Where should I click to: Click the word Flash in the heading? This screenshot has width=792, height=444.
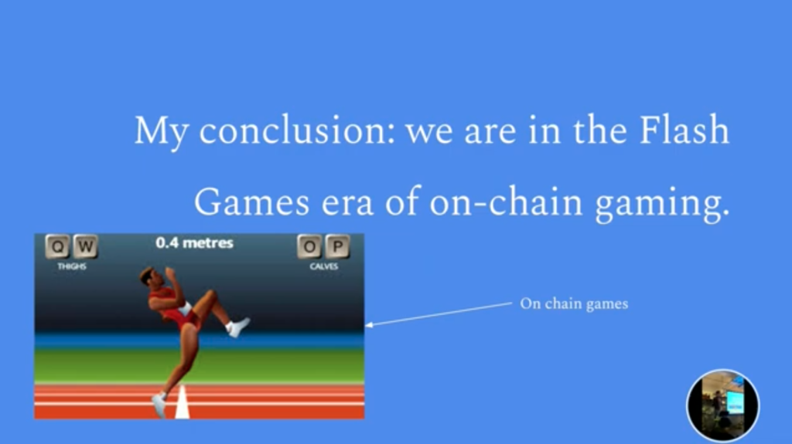tap(684, 130)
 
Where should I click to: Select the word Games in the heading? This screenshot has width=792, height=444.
tap(251, 202)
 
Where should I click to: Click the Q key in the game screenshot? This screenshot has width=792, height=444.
tap(57, 246)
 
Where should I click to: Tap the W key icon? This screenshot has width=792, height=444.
tap(85, 246)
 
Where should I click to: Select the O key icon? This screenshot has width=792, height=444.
tap(309, 246)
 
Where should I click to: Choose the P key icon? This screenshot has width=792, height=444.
tap(337, 246)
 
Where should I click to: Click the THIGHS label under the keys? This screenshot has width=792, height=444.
tap(72, 266)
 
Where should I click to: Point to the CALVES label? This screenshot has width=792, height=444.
tap(324, 266)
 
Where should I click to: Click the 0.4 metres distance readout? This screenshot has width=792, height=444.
tap(194, 243)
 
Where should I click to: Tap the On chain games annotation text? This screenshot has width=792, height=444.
tap(575, 303)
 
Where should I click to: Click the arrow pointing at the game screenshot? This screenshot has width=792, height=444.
tap(439, 314)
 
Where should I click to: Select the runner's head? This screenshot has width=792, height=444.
tap(148, 276)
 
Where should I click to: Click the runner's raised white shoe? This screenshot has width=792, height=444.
tap(238, 327)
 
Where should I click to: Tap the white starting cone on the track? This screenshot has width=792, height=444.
tap(182, 403)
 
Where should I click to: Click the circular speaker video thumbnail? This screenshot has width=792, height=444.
tap(723, 405)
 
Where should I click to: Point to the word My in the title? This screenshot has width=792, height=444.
tap(161, 132)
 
